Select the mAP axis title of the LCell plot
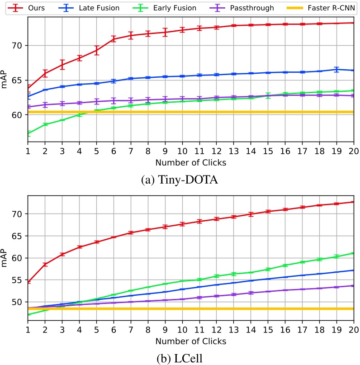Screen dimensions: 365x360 tap(5, 258)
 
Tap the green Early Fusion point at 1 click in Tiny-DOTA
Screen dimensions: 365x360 tap(28, 133)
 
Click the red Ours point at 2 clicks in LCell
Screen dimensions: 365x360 tap(45, 264)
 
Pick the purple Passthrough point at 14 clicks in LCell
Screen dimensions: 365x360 tap(250, 293)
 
